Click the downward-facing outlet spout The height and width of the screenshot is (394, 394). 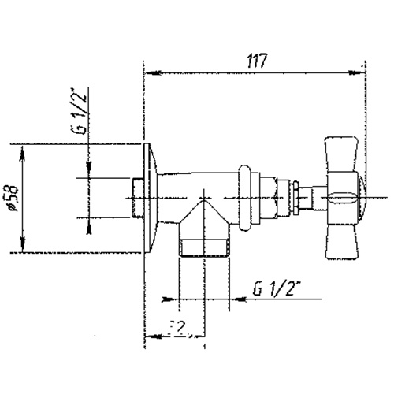coord(201,232)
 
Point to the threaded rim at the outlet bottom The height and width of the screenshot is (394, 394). coord(201,253)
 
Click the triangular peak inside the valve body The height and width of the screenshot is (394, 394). coord(203,197)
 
